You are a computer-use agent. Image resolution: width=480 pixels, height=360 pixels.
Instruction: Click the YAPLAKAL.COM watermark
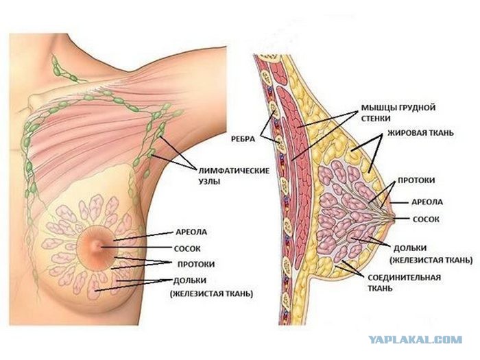416,340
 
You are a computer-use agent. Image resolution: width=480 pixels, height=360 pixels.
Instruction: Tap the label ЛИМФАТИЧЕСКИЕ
235,171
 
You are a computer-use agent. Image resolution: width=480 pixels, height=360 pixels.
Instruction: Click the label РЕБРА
243,139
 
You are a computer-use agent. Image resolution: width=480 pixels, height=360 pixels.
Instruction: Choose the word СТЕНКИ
376,119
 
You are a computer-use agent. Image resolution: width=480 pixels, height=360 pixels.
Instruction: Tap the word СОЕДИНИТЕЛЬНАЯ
404,278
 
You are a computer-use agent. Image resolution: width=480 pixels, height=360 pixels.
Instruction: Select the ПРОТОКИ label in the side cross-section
416,180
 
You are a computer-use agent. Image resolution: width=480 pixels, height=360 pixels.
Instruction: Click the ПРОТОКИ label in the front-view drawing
196,264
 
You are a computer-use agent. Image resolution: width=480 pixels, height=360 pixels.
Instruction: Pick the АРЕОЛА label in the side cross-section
427,202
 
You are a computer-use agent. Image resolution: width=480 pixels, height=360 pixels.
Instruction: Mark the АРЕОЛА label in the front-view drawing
191,232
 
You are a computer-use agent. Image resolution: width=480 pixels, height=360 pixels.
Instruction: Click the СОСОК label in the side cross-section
426,219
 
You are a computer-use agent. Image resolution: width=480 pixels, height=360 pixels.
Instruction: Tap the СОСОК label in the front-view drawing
187,248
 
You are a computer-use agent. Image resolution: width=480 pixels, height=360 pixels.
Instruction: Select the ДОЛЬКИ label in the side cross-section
410,248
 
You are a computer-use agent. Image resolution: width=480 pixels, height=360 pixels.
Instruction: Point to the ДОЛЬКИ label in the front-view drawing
190,280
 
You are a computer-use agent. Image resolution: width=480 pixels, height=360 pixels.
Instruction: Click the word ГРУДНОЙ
418,108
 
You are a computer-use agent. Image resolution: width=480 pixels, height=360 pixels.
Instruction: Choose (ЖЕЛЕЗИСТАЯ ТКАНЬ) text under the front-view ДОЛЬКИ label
211,294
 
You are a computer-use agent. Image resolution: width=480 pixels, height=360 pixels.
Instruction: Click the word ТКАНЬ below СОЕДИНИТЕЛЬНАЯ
380,289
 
